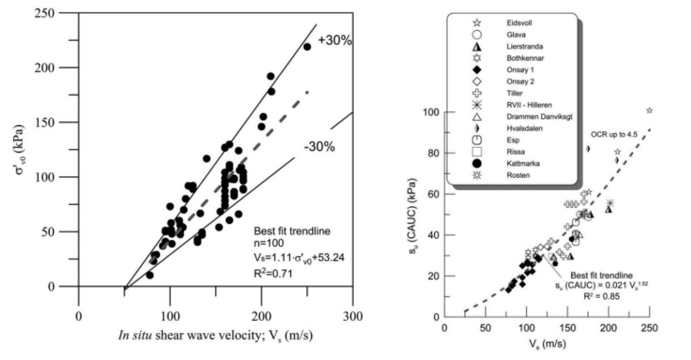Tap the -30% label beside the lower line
coord(319,147)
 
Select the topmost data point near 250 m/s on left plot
coord(307,46)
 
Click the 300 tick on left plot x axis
coord(353,317)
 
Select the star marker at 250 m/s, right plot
coord(650,110)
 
